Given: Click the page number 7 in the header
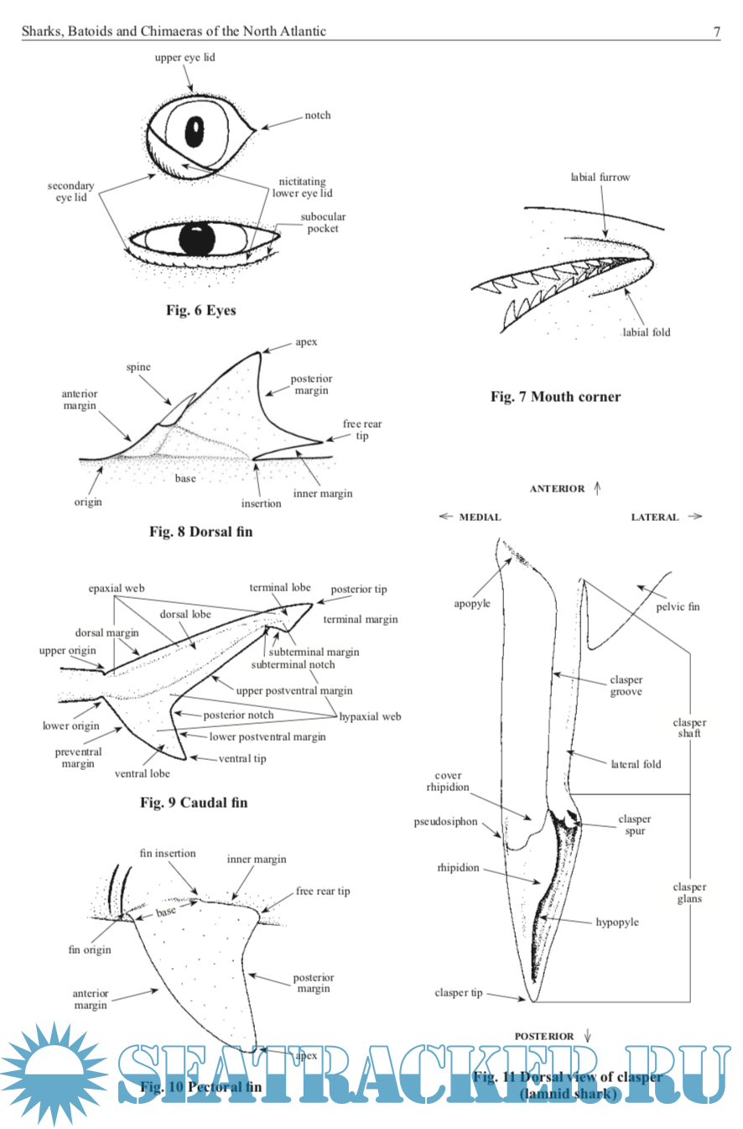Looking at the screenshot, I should tap(716, 32).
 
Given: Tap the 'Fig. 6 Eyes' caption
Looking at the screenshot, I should tap(200, 310).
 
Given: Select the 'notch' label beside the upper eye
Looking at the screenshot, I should tap(318, 116).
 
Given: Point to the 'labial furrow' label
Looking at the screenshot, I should tap(600, 177).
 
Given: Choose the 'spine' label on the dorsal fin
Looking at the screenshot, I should tap(138, 368).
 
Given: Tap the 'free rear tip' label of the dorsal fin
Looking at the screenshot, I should tap(362, 430).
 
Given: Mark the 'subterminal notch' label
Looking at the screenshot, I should tap(293, 664).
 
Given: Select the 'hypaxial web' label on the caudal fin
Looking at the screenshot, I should tap(370, 716).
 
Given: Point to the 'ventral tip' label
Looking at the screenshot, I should tap(242, 758).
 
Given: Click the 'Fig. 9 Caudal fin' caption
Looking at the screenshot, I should tap(194, 803).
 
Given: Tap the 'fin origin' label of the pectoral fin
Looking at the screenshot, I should tap(90, 950).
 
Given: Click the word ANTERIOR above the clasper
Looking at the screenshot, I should tap(557, 489).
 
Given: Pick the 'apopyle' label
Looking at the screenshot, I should tap(472, 603).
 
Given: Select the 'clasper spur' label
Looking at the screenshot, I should tap(635, 825).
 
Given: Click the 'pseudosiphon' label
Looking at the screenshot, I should tap(445, 822).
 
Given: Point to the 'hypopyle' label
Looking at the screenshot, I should tap(617, 922).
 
